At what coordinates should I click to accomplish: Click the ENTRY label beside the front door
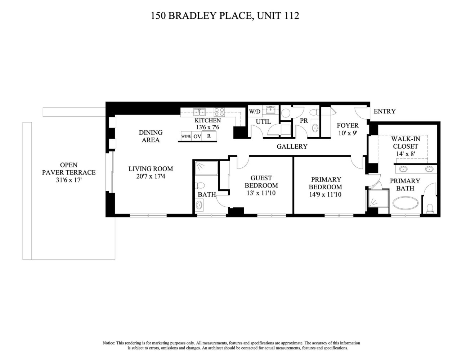click(x=385, y=111)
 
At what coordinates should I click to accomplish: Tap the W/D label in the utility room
click(x=255, y=112)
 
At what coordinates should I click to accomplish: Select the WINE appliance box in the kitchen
click(x=186, y=136)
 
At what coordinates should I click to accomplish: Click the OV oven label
click(x=197, y=136)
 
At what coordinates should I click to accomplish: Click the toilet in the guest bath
click(x=200, y=185)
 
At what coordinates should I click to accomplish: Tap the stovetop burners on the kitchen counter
click(x=219, y=112)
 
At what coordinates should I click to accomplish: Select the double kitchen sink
click(x=199, y=112)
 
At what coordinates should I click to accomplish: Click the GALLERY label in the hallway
click(x=292, y=147)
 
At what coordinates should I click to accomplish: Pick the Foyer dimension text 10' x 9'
click(x=348, y=133)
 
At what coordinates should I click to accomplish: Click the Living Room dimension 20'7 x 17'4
click(x=151, y=176)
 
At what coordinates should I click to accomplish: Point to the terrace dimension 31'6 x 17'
click(x=69, y=180)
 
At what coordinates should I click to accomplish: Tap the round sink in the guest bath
click(x=199, y=204)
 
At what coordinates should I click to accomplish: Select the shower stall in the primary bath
click(x=378, y=198)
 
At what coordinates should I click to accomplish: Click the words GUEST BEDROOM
click(x=261, y=181)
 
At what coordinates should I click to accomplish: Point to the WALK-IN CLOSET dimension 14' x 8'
click(x=405, y=154)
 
